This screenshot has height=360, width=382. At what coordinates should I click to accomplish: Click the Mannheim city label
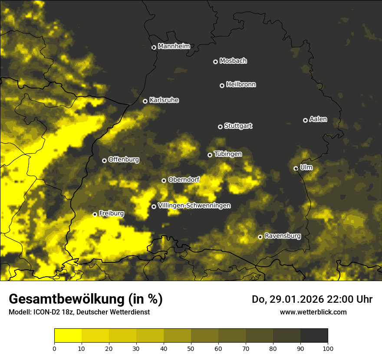coord(174,46)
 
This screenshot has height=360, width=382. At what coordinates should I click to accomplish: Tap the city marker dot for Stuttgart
coord(220,127)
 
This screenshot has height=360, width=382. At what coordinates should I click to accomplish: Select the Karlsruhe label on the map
coord(164,100)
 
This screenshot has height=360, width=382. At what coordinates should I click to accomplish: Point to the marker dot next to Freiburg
coord(95,214)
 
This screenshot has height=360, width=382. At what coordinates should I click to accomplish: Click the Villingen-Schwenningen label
coord(194,206)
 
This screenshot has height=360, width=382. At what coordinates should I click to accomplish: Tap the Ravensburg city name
coord(282,236)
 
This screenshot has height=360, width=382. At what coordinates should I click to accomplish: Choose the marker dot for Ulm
coord(296,168)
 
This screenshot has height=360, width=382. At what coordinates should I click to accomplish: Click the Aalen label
coord(318,119)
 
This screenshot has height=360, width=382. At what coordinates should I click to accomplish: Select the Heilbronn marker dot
coord(222,85)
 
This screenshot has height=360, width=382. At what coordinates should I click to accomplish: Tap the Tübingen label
coord(227,154)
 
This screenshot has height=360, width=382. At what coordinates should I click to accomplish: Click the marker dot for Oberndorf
coord(164,180)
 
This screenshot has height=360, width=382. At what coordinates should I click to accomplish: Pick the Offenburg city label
coord(123,160)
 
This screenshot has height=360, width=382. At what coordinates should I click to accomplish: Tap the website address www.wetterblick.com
coord(313,312)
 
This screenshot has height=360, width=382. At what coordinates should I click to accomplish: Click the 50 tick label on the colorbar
coord(191,348)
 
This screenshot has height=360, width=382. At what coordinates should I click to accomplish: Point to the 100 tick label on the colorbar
coord(328,348)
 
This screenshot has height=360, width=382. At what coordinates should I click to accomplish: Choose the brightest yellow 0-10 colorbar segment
coord(68,336)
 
